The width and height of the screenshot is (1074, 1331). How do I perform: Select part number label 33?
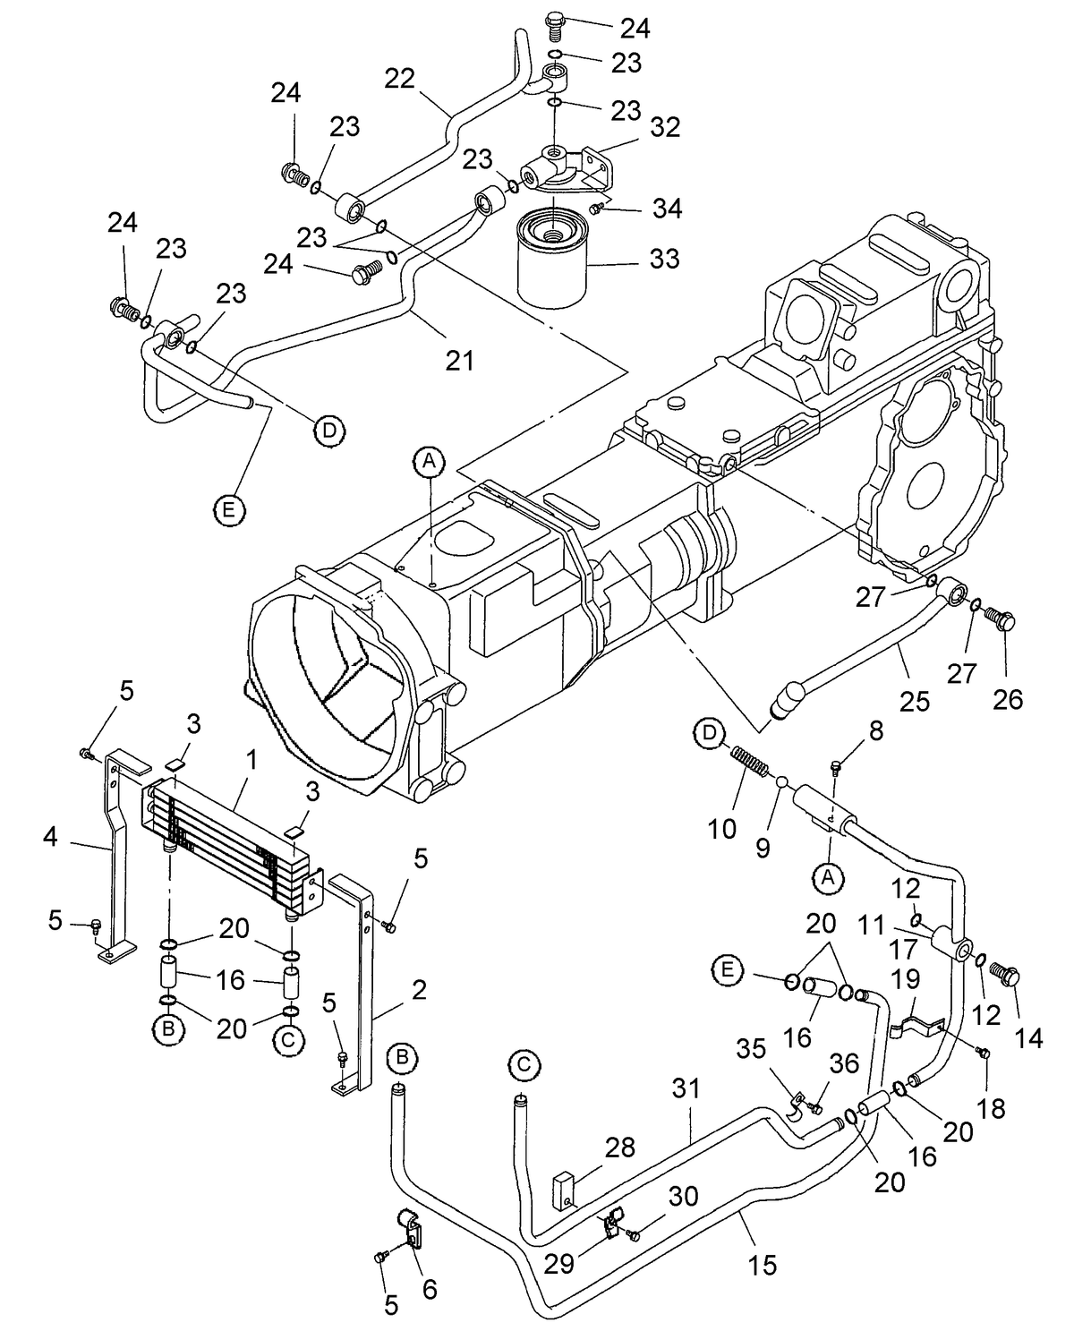[x=664, y=259]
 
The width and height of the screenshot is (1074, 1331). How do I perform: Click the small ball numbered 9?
[x=780, y=782]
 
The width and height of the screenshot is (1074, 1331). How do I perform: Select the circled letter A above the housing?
[x=429, y=461]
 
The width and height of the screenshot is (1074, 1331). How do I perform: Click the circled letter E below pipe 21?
[x=229, y=509]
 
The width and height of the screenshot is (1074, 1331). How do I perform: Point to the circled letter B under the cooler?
[x=167, y=1030]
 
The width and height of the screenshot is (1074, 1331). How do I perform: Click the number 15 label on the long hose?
[x=763, y=1264]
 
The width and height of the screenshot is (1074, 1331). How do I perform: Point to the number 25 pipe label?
[x=914, y=701]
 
